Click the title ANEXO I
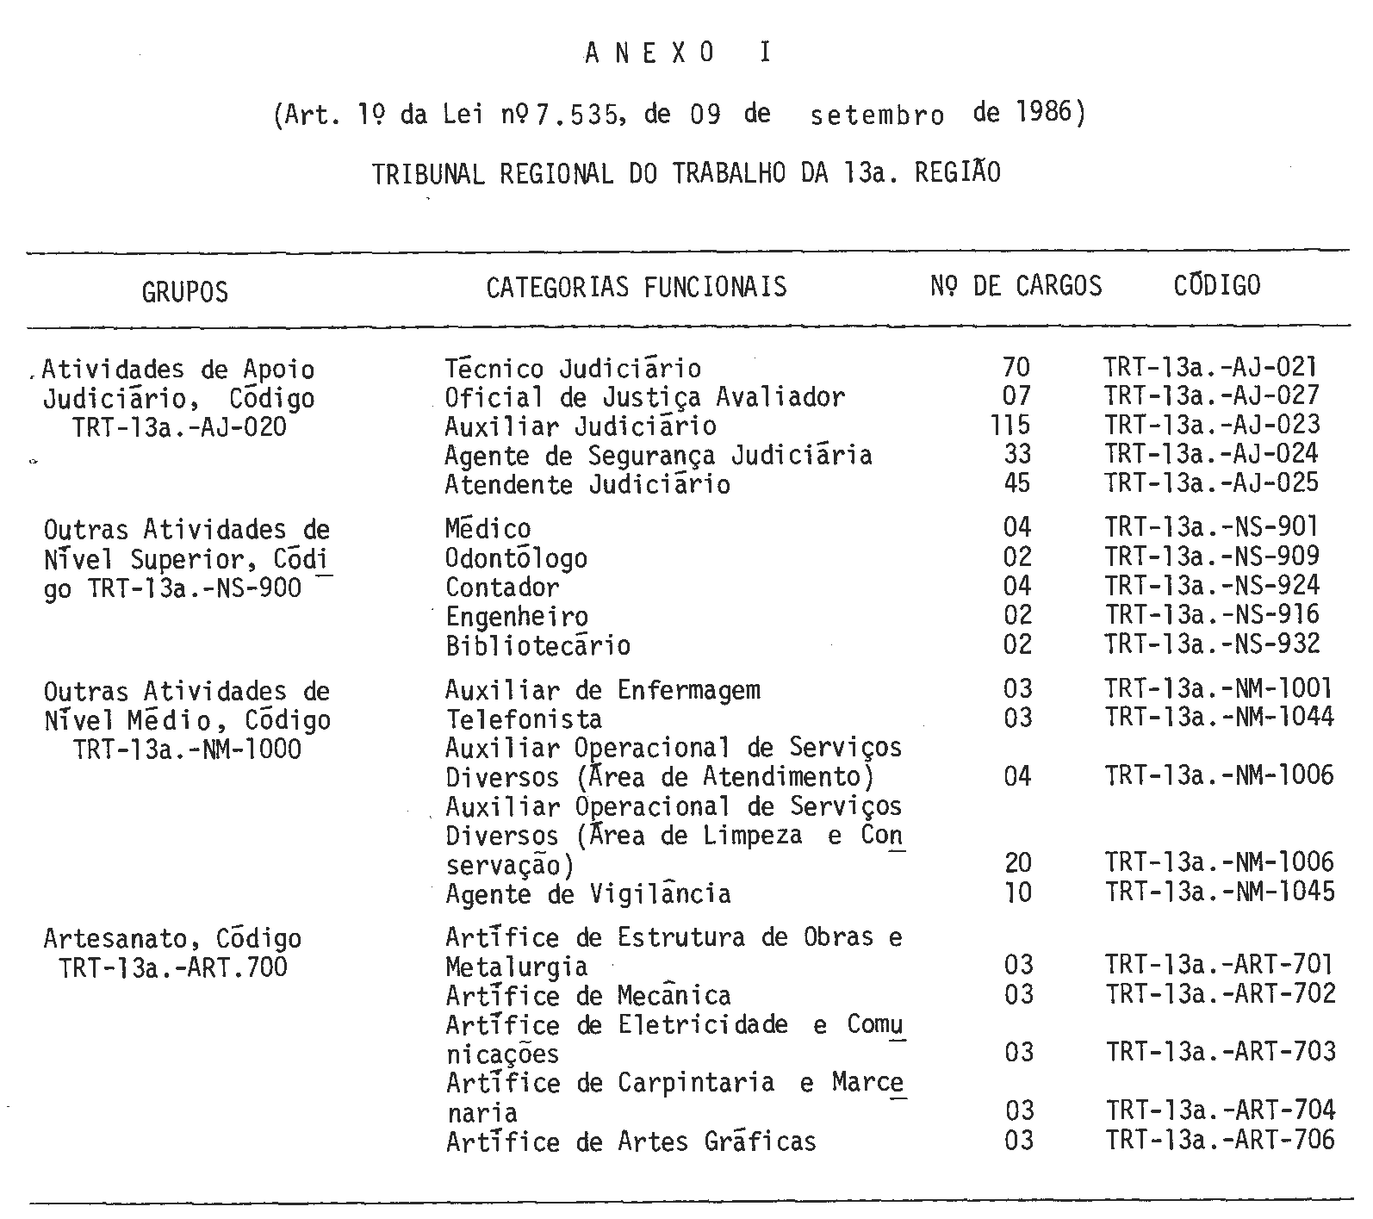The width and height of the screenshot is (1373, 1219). click(679, 53)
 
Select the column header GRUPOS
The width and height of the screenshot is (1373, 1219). click(185, 292)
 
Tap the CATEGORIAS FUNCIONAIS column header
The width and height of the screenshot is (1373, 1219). click(637, 287)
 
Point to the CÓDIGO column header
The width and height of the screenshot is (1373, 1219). click(1216, 285)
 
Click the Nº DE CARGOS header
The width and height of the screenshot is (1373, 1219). click(1016, 286)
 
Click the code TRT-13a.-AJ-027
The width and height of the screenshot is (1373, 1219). click(1211, 396)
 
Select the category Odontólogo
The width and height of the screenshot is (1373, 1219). click(516, 558)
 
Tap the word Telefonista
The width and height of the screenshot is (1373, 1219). click(524, 719)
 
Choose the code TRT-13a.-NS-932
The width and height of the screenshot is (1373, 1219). click(1212, 644)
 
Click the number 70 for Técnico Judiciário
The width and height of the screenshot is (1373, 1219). click(1016, 368)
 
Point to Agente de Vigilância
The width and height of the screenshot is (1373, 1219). click(587, 894)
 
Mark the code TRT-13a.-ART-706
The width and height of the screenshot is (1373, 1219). click(1221, 1141)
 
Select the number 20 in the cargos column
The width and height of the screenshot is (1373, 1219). click(1017, 863)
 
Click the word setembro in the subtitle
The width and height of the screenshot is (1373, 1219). click(877, 116)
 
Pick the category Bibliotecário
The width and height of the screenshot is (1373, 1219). click(537, 646)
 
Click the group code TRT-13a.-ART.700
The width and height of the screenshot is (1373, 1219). click(173, 968)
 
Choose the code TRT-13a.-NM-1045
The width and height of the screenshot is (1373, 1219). click(1220, 892)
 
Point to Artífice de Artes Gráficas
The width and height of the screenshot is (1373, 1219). click(631, 1142)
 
